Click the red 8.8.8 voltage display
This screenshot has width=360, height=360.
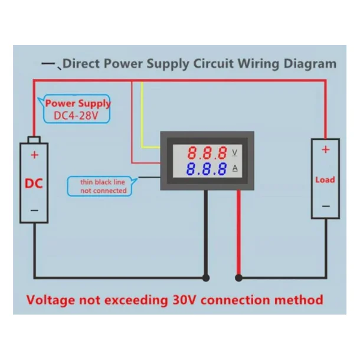point(206,153)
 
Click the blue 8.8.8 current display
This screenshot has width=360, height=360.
point(206,170)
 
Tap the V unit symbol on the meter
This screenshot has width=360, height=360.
point(235,153)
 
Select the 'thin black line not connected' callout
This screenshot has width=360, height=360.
point(103,186)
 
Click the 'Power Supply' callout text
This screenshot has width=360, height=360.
point(78,103)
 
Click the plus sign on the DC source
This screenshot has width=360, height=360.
point(34,155)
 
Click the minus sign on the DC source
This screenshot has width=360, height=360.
point(34,210)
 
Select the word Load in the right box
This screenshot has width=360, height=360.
point(325,179)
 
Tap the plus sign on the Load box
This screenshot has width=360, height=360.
point(325,150)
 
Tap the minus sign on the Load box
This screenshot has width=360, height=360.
point(325,206)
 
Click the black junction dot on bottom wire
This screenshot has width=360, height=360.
point(205,277)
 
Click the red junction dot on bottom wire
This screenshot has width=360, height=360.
point(238,277)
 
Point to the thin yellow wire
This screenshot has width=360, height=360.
point(142,118)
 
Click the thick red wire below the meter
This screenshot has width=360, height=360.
point(238,236)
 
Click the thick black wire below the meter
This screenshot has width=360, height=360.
point(205,236)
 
